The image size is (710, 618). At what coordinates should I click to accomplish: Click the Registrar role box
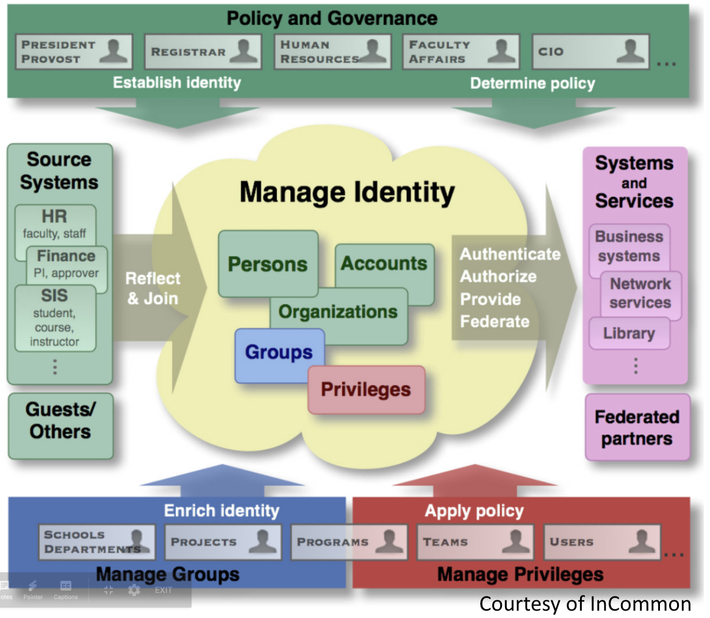click(x=202, y=52)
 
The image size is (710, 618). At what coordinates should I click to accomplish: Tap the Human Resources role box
click(x=332, y=52)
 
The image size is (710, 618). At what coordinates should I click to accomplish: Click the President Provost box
click(x=74, y=52)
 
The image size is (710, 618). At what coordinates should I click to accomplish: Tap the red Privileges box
click(x=366, y=389)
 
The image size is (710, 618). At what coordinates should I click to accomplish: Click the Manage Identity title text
click(x=347, y=191)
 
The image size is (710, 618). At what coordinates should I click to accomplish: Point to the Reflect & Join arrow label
click(x=152, y=288)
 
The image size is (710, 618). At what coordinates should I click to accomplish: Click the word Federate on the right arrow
click(x=494, y=321)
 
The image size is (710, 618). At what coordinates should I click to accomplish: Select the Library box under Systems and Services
click(x=629, y=333)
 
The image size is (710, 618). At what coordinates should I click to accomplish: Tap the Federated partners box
click(x=637, y=427)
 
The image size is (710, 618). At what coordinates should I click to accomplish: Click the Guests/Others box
click(x=60, y=421)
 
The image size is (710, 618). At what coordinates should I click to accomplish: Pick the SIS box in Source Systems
click(x=55, y=318)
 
